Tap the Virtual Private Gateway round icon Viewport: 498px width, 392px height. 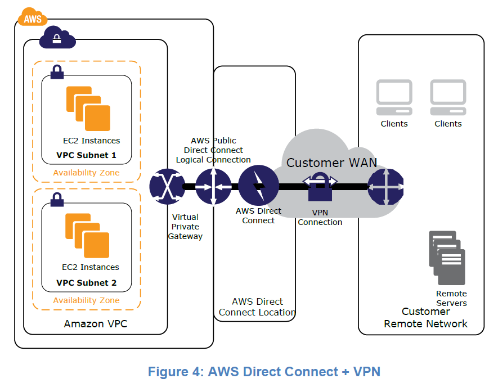(167, 186)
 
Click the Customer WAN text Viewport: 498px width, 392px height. (331, 163)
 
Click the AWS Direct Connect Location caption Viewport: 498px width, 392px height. (257, 307)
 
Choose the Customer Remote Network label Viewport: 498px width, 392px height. (425, 318)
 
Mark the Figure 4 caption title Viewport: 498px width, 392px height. (264, 372)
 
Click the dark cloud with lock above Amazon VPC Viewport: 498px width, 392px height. (57, 38)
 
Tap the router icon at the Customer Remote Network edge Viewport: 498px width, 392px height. (385, 186)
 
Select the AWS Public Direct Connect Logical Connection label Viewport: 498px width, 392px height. (213, 150)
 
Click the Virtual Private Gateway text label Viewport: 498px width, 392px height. (185, 227)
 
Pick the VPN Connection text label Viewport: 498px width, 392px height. (320, 218)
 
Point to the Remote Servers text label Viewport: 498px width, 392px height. (451, 298)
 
